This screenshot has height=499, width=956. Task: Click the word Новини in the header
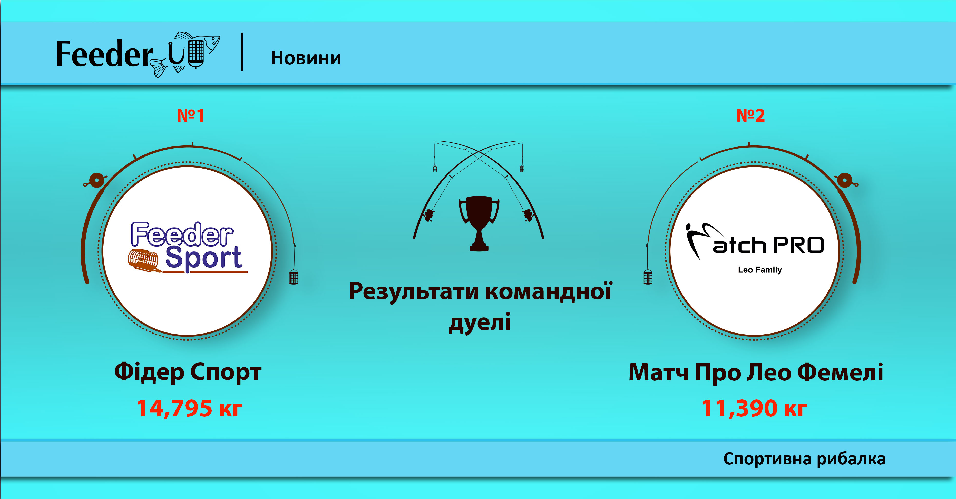pyautogui.click(x=306, y=58)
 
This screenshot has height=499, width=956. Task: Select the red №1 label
pyautogui.click(x=191, y=116)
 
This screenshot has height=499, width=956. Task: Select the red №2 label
pyautogui.click(x=750, y=116)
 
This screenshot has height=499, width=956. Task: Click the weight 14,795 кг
pyautogui.click(x=189, y=408)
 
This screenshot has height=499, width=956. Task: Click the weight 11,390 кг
pyautogui.click(x=754, y=408)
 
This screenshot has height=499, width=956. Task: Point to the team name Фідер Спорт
pyautogui.click(x=188, y=372)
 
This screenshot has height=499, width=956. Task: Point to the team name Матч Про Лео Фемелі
pyautogui.click(x=756, y=372)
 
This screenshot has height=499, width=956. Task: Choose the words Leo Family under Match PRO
pyautogui.click(x=760, y=270)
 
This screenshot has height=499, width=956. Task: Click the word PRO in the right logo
pyautogui.click(x=799, y=245)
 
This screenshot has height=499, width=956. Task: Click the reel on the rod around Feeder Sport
pyautogui.click(x=96, y=180)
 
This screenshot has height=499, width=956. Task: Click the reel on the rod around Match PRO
pyautogui.click(x=845, y=180)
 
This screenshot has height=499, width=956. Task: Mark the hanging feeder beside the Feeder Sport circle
pyautogui.click(x=294, y=277)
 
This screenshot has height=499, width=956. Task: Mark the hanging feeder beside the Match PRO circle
pyautogui.click(x=648, y=277)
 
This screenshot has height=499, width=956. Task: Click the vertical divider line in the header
pyautogui.click(x=242, y=52)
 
